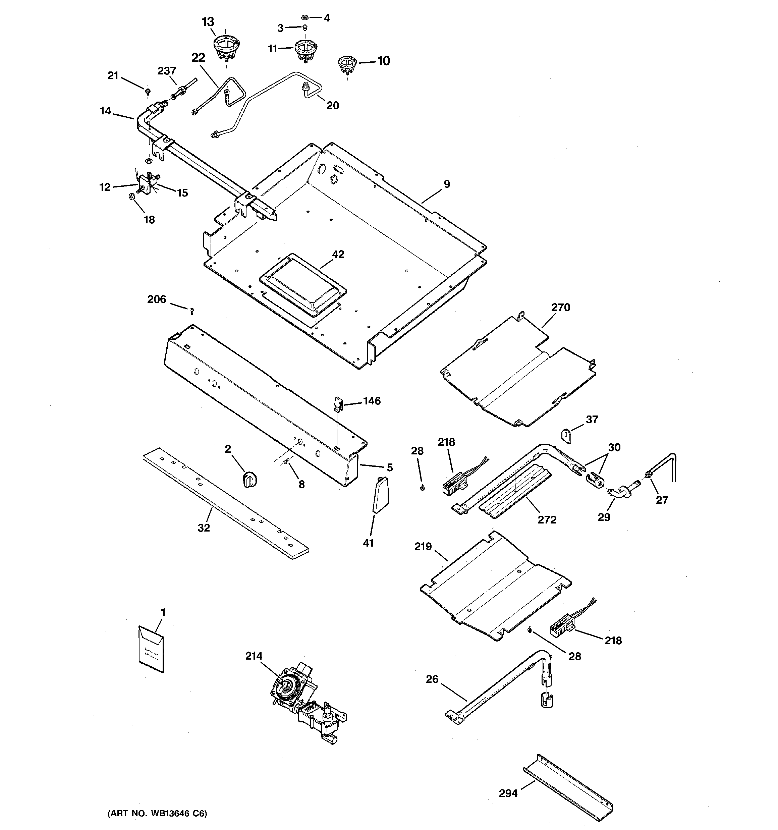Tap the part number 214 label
click(254, 656)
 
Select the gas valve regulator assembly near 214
click(307, 706)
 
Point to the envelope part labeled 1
click(151, 649)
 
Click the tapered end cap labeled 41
click(380, 494)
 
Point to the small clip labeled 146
click(338, 403)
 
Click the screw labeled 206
click(192, 310)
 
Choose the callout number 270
click(560, 307)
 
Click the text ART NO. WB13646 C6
click(157, 813)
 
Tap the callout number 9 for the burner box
click(447, 184)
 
